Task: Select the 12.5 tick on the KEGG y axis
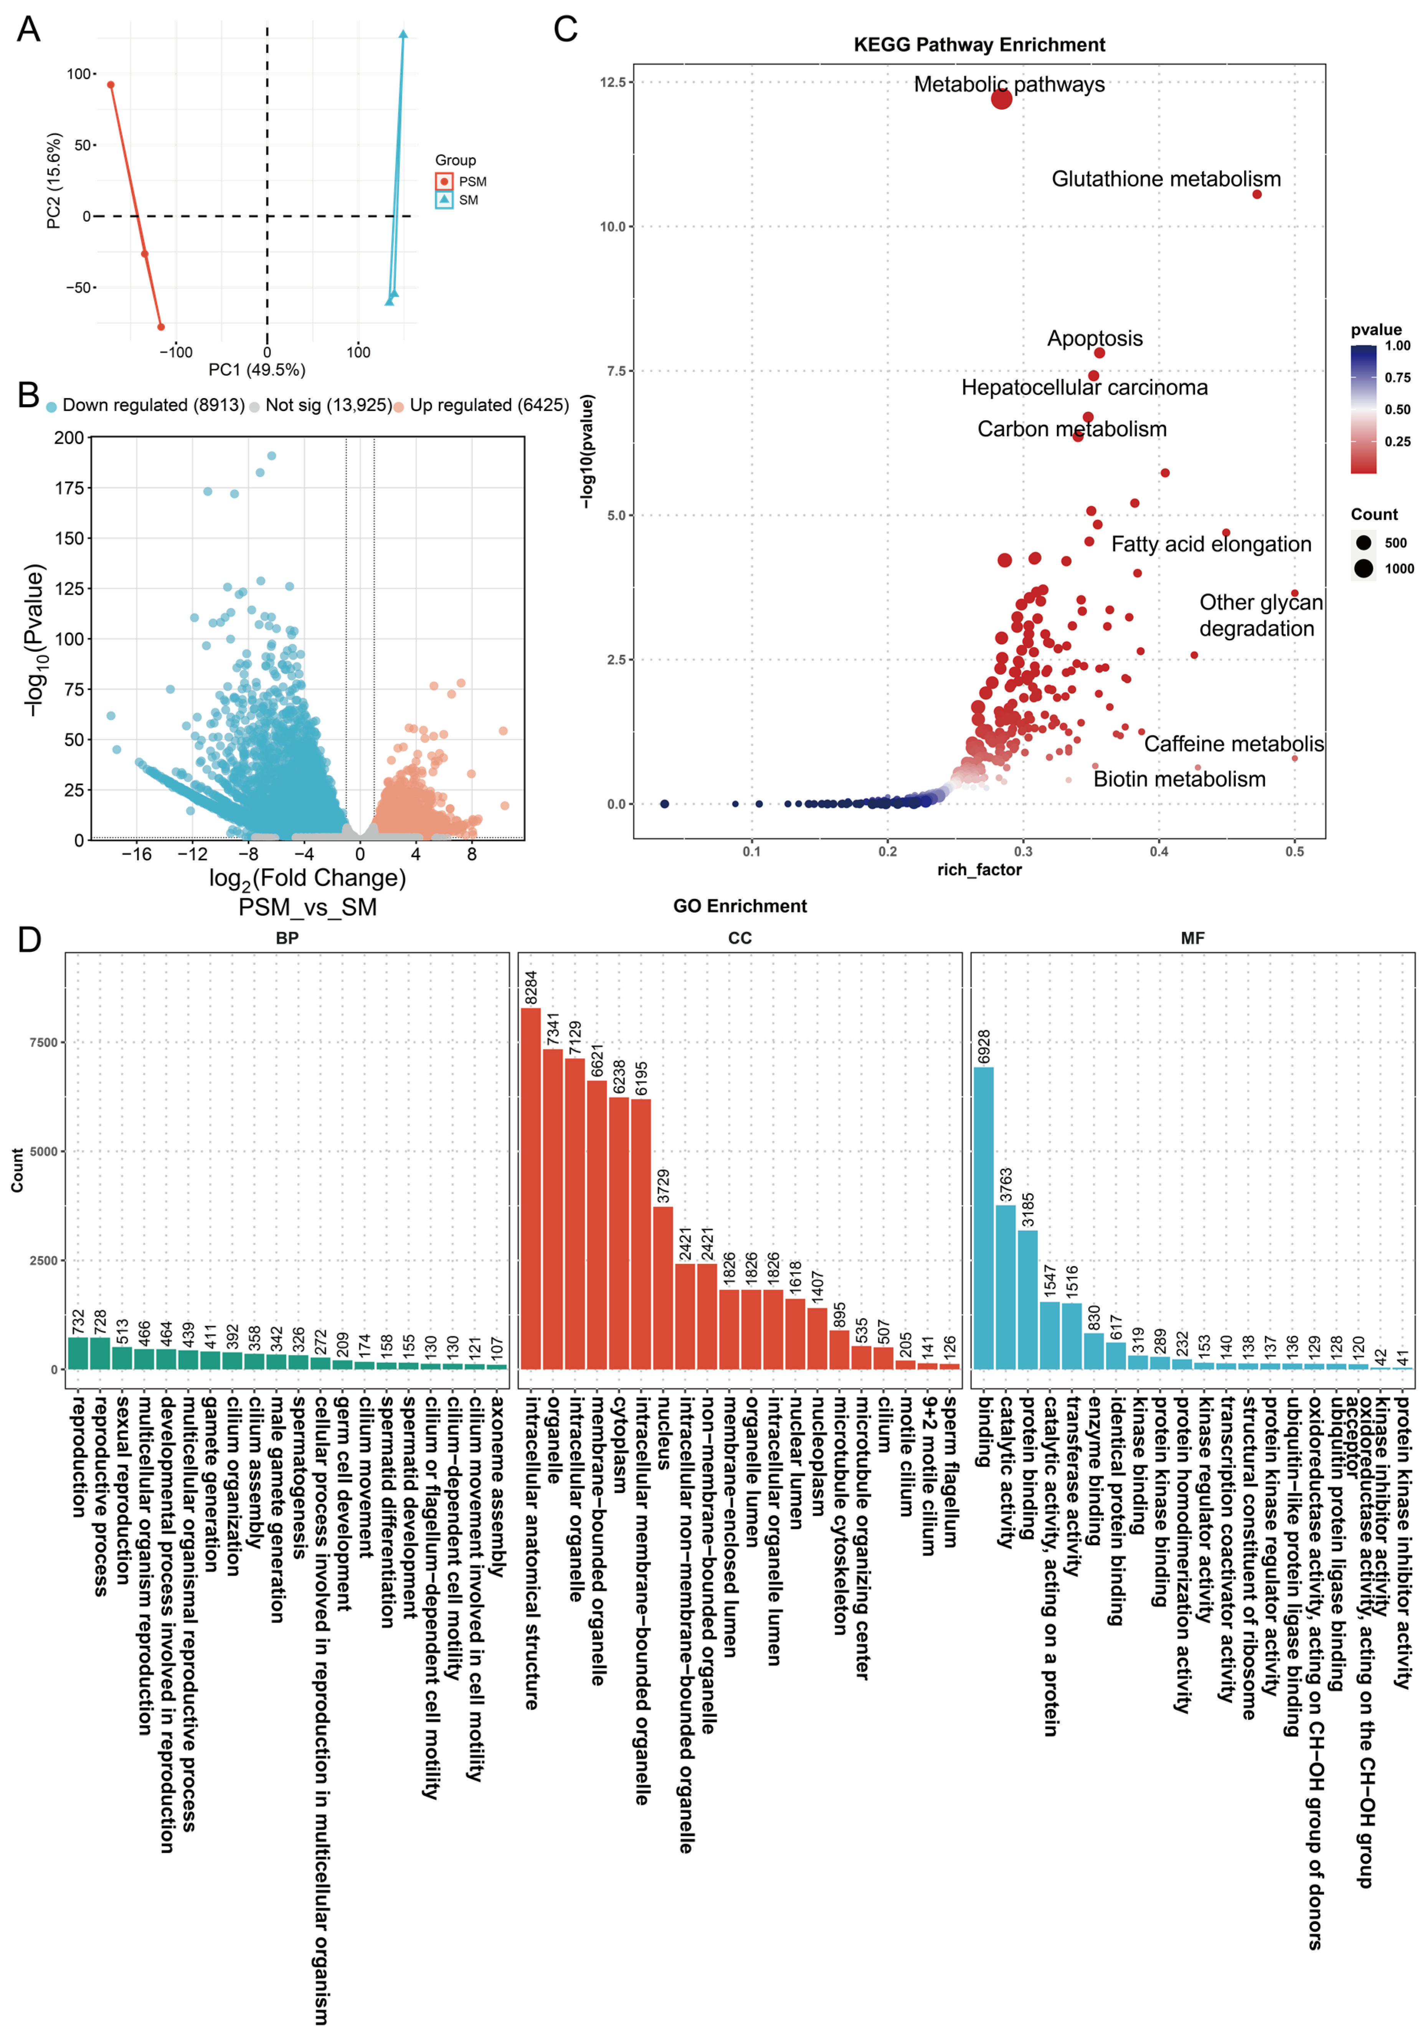click(613, 83)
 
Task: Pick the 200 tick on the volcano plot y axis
click(69, 438)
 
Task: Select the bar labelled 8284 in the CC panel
click(530, 1188)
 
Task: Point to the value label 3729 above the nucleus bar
click(663, 1186)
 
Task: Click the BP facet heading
click(287, 938)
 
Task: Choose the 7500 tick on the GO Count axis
click(43, 1042)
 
